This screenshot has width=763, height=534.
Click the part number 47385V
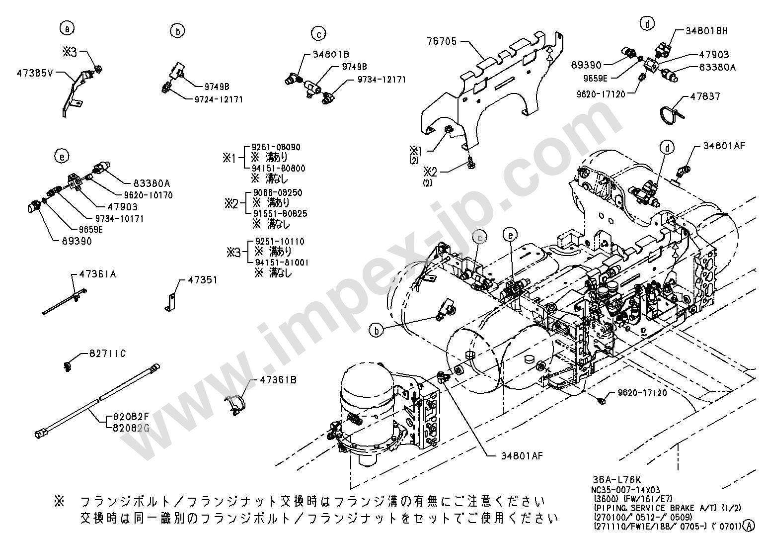coord(35,73)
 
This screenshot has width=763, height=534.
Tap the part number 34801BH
coord(706,31)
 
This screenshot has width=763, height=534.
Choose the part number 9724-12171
coord(219,99)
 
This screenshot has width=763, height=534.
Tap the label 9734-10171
coord(119,218)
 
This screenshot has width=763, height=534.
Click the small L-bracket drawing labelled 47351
coord(170,301)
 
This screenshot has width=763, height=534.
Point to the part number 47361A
coord(98,274)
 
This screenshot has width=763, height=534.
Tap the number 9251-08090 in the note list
coord(276,148)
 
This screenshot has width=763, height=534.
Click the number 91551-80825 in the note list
coord(280,213)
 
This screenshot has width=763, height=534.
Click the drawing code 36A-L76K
coord(616,480)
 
